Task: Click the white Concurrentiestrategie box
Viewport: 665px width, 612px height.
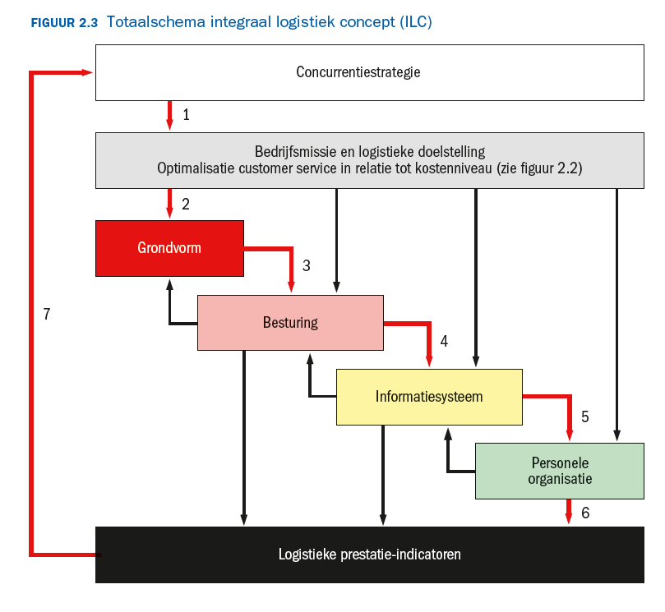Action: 369,72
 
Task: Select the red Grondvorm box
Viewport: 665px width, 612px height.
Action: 169,248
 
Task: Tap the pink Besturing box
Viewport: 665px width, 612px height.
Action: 290,323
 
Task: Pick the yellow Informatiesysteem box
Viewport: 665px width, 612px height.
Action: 429,397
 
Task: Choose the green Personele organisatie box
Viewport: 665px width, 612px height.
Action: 559,471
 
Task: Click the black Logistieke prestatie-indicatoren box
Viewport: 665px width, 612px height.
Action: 369,554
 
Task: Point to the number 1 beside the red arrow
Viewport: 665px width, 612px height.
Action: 186,115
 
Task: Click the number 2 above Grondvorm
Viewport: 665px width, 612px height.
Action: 186,205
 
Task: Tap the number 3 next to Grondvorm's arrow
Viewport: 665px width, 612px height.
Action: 306,265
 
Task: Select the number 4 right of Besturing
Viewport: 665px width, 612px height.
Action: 444,340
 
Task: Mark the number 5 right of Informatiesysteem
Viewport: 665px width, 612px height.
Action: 584,416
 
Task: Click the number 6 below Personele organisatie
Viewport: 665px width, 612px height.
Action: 584,513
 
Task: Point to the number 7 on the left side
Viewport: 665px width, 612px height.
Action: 47,314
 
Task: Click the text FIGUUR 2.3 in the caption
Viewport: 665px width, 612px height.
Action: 64,23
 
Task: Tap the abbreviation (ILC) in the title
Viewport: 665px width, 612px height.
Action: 415,22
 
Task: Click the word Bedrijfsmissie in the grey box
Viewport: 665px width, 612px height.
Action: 294,152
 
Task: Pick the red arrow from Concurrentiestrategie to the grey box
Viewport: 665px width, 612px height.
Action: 169,115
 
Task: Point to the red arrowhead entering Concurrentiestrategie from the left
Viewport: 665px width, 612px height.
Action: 88,72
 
